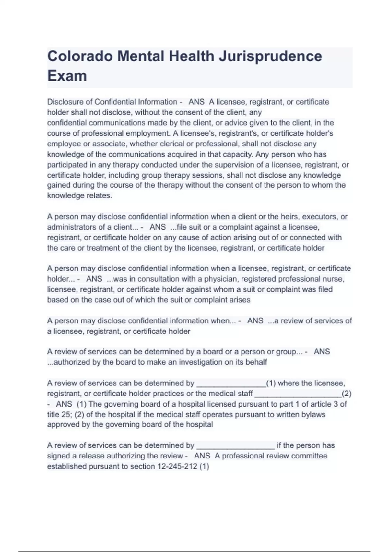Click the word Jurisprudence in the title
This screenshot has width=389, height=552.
[x=270, y=56]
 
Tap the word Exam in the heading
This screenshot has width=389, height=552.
[x=67, y=76]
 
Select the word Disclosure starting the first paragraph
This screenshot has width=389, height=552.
[x=69, y=102]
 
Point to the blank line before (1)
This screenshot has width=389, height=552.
[x=231, y=384]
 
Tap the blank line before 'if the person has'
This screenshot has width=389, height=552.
[x=235, y=446]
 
